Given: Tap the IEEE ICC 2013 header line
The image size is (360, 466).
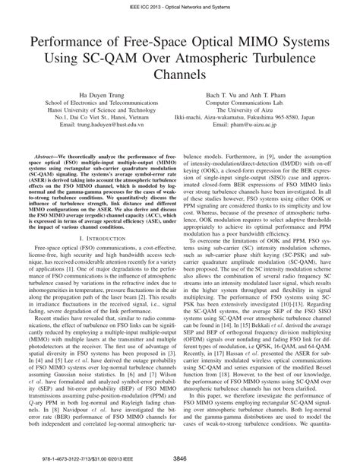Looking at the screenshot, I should click(x=180, y=5).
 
